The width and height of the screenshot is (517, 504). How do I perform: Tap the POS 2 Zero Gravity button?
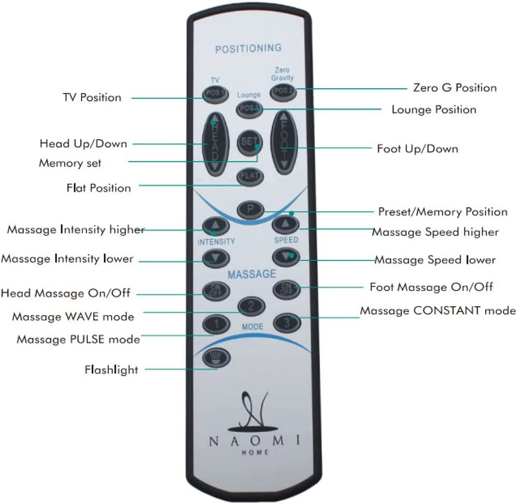click(283, 92)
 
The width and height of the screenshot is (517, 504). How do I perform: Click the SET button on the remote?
click(249, 142)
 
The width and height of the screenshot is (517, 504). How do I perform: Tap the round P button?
click(250, 209)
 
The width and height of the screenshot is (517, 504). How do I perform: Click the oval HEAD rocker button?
click(215, 144)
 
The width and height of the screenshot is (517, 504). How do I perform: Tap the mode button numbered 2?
click(251, 306)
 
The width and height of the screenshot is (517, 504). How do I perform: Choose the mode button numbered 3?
click(287, 322)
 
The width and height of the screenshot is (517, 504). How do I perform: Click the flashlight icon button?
click(216, 357)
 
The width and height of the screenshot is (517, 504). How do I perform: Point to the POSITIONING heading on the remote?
click(248, 48)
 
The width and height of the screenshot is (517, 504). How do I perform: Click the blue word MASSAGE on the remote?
click(251, 274)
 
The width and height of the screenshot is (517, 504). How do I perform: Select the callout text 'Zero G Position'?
click(455, 88)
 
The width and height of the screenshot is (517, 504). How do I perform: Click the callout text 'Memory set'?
click(70, 163)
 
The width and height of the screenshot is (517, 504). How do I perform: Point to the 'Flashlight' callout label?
click(111, 370)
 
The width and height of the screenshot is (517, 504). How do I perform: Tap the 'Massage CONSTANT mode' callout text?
click(438, 310)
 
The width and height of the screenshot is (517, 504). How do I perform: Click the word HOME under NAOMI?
click(255, 453)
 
